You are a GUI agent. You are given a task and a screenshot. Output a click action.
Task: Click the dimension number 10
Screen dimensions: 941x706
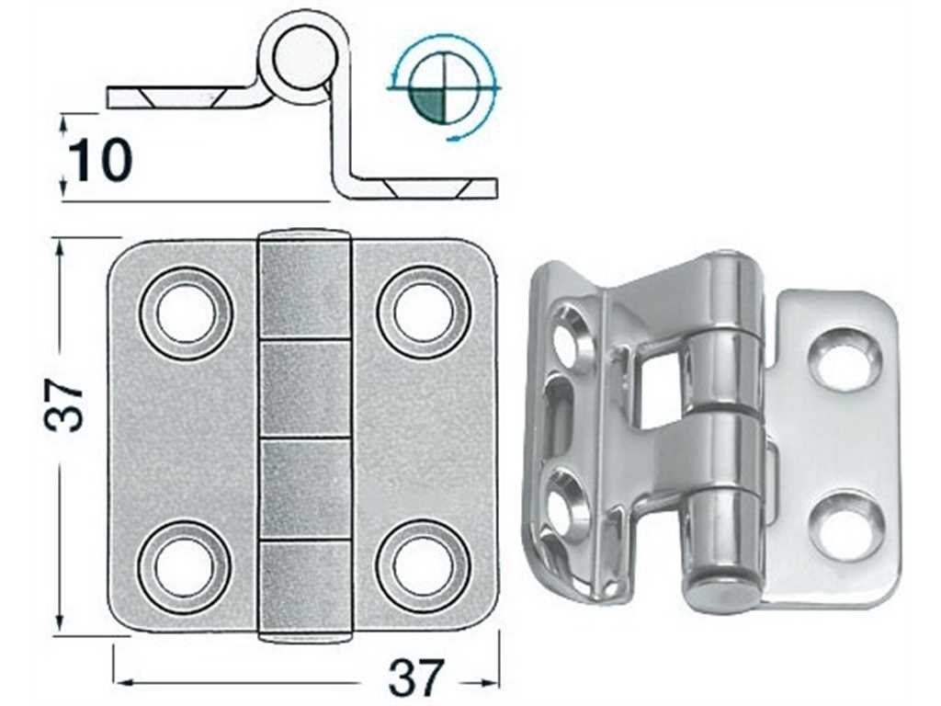100,160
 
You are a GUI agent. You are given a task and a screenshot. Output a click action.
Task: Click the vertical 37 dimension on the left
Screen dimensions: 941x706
63,405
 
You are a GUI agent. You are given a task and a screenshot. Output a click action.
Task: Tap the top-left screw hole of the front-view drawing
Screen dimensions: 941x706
186,313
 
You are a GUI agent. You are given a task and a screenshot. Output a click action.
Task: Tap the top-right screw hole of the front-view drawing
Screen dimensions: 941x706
424,313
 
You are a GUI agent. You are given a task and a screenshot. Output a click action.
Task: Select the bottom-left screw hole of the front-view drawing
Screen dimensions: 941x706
185,565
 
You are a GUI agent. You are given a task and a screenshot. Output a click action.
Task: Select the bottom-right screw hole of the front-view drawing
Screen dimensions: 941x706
424,565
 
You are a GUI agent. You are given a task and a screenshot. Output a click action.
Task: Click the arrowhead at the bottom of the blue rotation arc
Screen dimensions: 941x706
454,138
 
